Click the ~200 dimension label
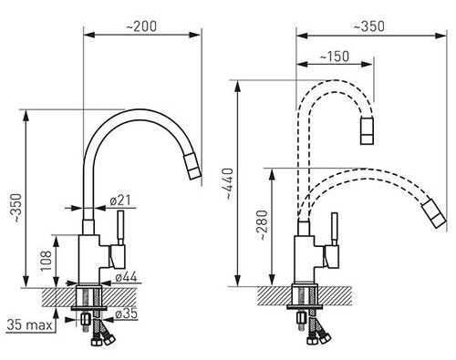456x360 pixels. pyautogui.click(x=141, y=26)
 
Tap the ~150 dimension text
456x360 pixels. pyautogui.click(x=335, y=57)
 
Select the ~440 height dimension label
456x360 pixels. pyautogui.click(x=229, y=183)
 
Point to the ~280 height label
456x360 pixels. pyautogui.click(x=264, y=225)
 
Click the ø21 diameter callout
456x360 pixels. pyautogui.click(x=120, y=201)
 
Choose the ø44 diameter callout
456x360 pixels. pyautogui.click(x=127, y=277)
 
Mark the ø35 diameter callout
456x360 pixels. pyautogui.click(x=127, y=314)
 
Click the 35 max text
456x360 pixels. pyautogui.click(x=29, y=324)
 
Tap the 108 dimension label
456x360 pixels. pyautogui.click(x=46, y=261)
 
